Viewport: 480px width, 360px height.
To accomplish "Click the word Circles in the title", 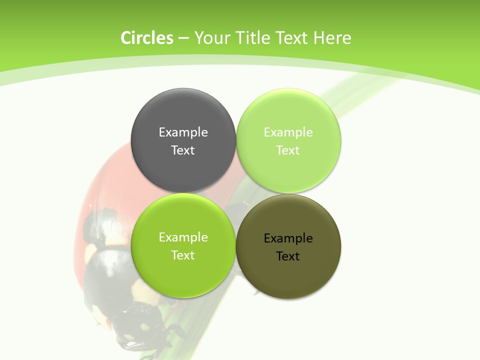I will [x=147, y=38].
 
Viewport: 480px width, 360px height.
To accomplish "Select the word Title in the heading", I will [x=253, y=38].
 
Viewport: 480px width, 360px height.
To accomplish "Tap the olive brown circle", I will [x=288, y=277].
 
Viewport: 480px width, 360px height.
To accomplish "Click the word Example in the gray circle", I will [x=183, y=132].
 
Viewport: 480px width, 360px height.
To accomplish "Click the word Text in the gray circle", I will [x=183, y=150].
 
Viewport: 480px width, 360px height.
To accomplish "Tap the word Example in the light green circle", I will [x=288, y=132].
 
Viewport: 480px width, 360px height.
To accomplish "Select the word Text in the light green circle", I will [x=288, y=150].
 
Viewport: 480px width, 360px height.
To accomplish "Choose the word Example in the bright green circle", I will [x=183, y=237].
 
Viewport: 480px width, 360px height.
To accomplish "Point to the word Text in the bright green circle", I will [x=183, y=255].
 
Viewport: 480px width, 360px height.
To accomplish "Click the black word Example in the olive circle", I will [x=288, y=238].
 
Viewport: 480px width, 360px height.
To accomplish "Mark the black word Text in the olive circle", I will [x=288, y=256].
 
